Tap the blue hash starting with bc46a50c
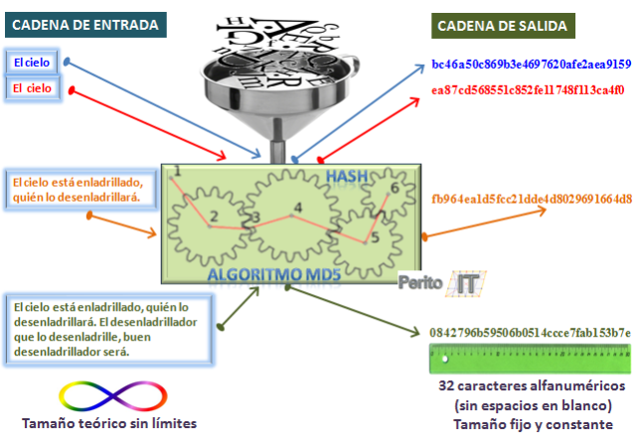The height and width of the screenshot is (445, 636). (x=532, y=64)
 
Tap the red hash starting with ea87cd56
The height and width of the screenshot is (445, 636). (x=528, y=90)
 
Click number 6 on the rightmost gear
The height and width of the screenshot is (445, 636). (x=395, y=188)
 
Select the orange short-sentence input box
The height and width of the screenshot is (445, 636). (x=78, y=190)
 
